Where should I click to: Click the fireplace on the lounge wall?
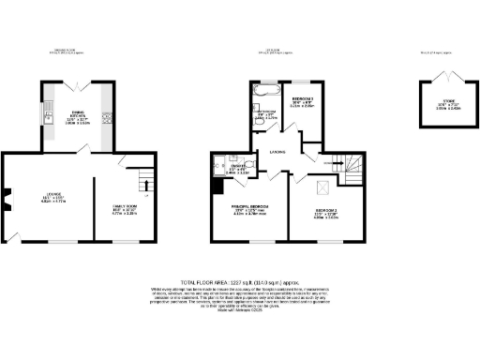coord(7,199)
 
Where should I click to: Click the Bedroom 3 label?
coord(303,101)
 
